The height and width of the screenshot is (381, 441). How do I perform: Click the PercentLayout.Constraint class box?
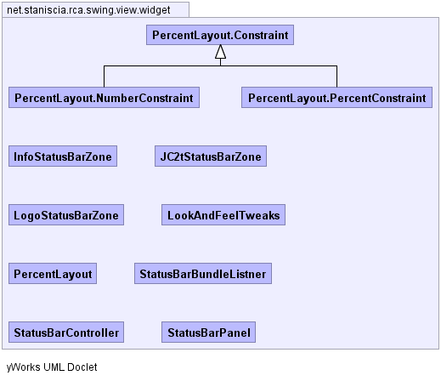coord(220,35)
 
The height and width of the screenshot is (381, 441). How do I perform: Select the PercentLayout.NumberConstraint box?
coord(104,98)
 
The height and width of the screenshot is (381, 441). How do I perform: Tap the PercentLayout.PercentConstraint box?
coord(336,98)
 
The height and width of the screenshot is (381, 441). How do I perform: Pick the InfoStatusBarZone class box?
coord(63,156)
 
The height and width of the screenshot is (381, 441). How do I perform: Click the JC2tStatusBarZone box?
coord(211,156)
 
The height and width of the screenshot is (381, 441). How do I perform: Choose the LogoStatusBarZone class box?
coord(66,215)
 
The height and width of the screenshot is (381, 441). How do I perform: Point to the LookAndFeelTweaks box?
coord(223,215)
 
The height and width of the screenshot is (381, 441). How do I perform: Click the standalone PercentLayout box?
coord(53,274)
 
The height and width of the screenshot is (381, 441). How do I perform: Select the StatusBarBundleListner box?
coord(203,274)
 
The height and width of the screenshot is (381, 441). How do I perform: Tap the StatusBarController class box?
coord(66,333)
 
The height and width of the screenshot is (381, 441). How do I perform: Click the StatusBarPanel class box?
coord(208,333)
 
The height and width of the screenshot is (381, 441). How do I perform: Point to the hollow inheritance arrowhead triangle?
coord(220,52)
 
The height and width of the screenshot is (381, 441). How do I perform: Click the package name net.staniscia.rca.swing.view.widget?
coord(88,10)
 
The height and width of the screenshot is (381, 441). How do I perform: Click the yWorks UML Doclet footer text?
coord(52,367)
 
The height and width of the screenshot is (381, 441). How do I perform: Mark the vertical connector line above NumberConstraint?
coord(104,77)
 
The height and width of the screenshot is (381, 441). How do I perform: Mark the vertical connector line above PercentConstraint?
coord(336,77)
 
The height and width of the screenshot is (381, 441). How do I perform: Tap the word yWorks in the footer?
coord(23,367)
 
